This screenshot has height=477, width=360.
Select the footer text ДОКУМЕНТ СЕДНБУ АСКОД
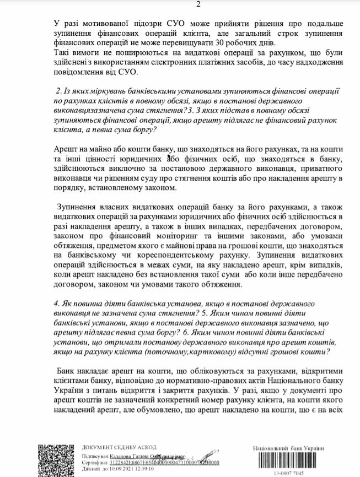(x=119, y=447)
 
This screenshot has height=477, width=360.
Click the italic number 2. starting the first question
(x=60, y=90)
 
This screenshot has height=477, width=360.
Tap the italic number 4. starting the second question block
(x=57, y=303)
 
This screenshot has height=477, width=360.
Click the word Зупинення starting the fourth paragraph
(x=78, y=206)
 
